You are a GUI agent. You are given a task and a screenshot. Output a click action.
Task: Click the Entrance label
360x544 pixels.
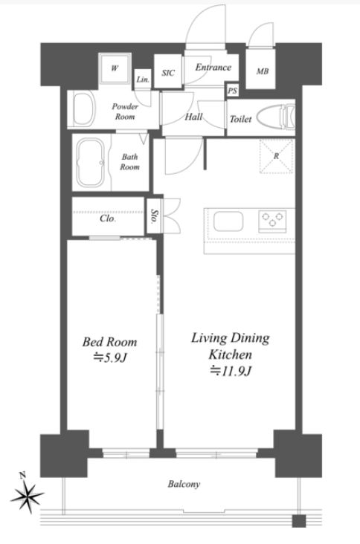(x=213, y=67)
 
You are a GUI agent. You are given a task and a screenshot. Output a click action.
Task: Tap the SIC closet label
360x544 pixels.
(x=168, y=73)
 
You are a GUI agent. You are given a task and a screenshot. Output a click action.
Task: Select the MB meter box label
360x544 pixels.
(x=263, y=71)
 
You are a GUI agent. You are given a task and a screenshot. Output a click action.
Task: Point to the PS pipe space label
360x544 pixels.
(x=233, y=91)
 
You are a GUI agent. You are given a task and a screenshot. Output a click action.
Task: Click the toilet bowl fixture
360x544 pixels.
(x=276, y=116)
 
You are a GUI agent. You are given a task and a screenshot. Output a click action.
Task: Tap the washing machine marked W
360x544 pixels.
(x=115, y=68)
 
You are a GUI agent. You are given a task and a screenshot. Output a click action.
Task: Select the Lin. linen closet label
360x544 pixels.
(x=143, y=80)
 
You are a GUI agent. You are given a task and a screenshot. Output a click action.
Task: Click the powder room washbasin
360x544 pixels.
(x=84, y=110)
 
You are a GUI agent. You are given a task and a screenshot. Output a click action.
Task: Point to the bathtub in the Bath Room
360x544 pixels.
(x=91, y=162)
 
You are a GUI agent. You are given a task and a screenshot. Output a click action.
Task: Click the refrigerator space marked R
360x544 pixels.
(x=277, y=156)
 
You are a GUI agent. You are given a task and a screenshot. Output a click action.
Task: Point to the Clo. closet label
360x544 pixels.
(x=108, y=218)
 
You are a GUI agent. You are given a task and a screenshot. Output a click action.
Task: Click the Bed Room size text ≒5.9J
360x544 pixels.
(x=109, y=357)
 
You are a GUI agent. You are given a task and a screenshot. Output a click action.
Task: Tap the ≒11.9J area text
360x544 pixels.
(x=230, y=372)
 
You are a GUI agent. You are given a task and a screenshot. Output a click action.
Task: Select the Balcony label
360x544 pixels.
(x=184, y=485)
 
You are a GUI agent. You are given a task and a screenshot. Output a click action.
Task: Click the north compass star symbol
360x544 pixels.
(x=27, y=494)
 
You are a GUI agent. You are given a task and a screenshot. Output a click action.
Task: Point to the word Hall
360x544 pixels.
(x=193, y=117)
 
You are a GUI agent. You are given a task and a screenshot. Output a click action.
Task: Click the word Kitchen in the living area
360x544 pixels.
(x=230, y=354)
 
